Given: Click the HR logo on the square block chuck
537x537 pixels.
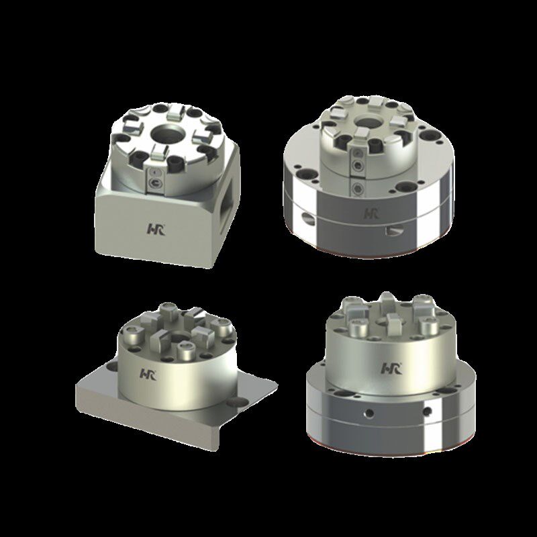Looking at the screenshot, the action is point(156,229).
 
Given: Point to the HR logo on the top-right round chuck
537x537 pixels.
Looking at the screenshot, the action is point(371,213).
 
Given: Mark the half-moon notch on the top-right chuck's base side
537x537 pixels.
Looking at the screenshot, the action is point(393,231).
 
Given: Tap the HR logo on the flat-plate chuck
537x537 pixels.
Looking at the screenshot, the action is point(148,375).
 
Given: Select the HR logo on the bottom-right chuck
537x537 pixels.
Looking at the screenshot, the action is point(392,368).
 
